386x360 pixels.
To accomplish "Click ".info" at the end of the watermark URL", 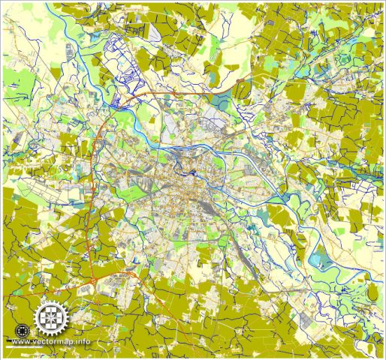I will coord(82,342).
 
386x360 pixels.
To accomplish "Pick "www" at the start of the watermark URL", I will coord(21,342).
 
